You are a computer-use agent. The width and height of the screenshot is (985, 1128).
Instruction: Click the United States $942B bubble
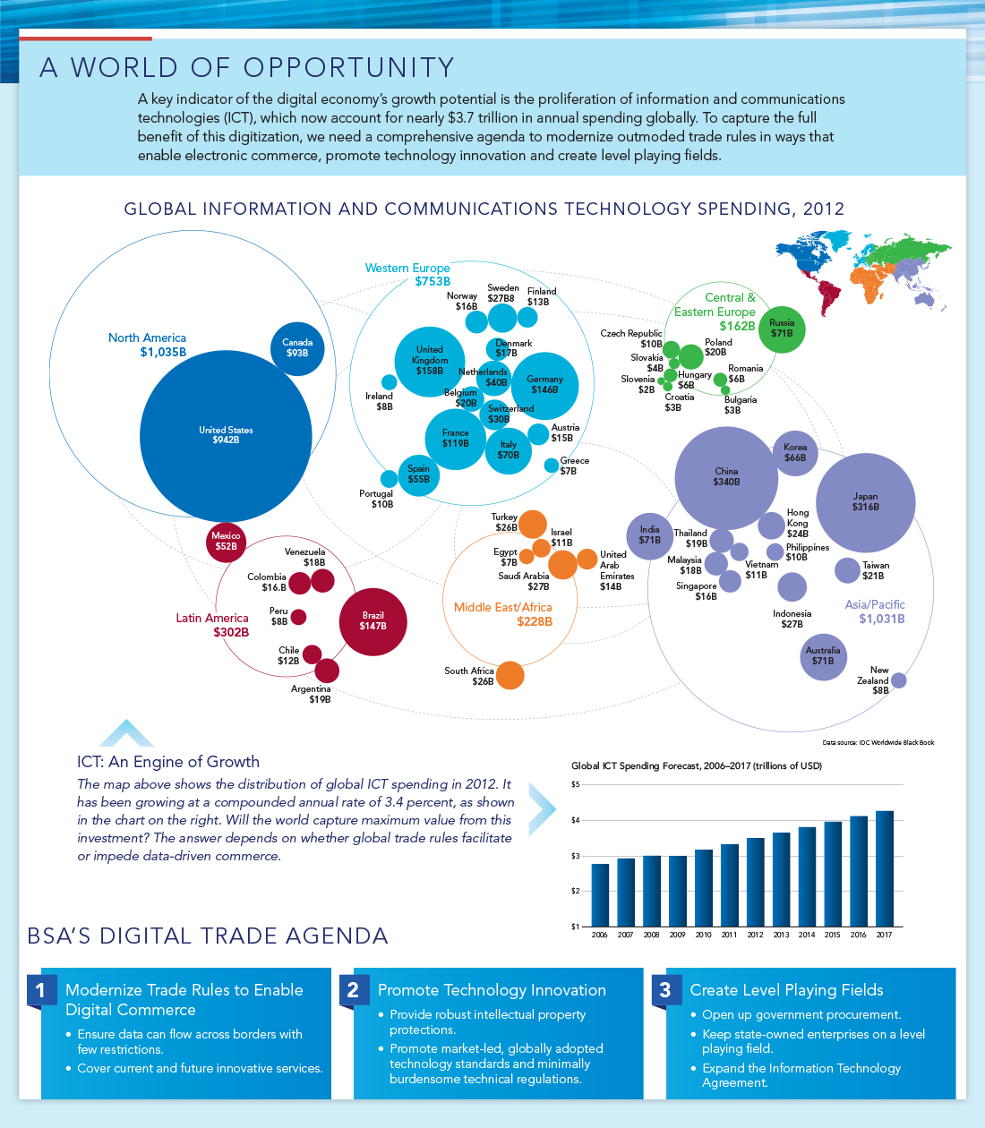point(226,436)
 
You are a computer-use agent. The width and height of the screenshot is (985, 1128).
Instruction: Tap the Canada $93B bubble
point(297,348)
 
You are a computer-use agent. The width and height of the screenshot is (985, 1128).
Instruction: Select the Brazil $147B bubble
point(373,621)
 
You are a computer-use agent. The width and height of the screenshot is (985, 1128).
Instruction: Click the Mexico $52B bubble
point(226,542)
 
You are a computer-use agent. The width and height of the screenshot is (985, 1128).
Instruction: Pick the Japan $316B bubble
point(865,502)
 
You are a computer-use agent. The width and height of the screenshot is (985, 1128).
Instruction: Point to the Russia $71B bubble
point(782,329)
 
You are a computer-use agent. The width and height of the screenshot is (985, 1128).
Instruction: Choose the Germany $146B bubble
point(544,385)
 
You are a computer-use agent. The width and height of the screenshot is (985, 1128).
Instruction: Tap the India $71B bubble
point(649,535)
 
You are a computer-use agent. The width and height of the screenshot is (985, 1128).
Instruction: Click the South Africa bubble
point(510,675)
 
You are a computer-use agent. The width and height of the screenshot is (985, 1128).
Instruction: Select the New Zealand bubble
point(899,680)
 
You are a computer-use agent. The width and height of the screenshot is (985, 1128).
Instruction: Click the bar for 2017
point(884,868)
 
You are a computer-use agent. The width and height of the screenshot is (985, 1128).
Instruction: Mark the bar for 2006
point(600,894)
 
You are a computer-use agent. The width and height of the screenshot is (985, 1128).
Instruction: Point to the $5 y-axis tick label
point(576,784)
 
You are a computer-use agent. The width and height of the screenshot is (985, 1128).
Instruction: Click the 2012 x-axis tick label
point(755,935)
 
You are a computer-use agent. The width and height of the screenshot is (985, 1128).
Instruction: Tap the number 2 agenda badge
point(353,989)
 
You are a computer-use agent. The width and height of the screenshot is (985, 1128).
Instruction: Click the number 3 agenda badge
point(664,989)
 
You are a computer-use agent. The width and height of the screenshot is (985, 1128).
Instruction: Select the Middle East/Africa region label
point(502,607)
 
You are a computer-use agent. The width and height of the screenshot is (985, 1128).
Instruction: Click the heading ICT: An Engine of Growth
point(168,762)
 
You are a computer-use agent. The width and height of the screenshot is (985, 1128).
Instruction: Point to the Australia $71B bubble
point(823,656)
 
